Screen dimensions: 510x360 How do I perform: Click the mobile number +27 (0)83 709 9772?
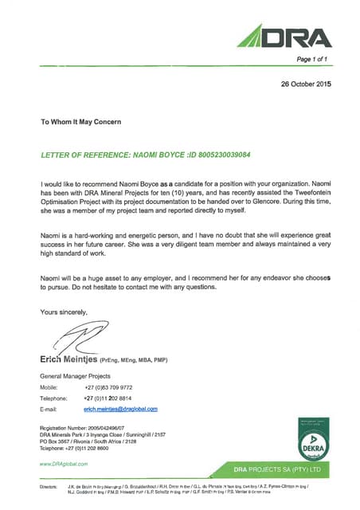coord(108,386)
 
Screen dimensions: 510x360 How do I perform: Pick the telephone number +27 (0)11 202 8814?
coord(108,397)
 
